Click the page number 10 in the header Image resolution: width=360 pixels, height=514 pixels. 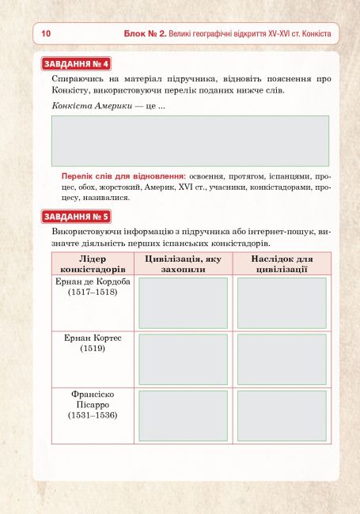[x=45, y=34]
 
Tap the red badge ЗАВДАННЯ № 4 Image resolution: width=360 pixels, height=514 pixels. [x=76, y=64]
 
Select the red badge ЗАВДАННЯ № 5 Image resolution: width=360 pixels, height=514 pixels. [x=76, y=216]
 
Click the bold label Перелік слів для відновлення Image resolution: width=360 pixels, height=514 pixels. [x=123, y=176]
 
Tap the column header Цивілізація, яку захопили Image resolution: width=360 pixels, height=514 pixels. [x=183, y=264]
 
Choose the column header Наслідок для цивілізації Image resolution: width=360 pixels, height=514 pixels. [x=282, y=264]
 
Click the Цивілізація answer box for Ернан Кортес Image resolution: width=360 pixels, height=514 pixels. [x=183, y=359]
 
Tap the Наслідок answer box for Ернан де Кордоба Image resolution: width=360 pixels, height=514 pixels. [x=282, y=303]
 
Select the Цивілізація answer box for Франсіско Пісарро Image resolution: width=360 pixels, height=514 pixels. [x=183, y=416]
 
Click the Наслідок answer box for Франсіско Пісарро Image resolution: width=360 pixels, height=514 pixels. [x=282, y=416]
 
